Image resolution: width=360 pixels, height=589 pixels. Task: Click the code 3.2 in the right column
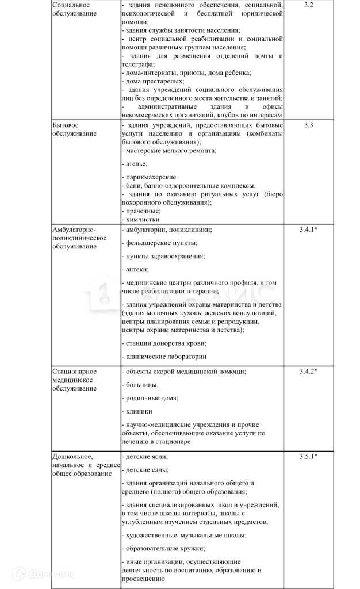click(x=308, y=5)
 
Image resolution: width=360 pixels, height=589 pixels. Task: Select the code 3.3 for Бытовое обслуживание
click(x=308, y=125)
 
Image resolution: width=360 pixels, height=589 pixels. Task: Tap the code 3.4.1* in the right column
click(x=309, y=230)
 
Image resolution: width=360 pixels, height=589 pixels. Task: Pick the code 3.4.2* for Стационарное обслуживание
click(x=309, y=371)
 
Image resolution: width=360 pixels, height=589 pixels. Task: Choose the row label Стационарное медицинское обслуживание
click(x=75, y=380)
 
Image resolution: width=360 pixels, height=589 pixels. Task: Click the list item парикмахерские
click(x=150, y=177)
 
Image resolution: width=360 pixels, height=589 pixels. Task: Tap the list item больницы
click(x=141, y=385)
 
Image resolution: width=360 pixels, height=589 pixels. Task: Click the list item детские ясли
click(x=146, y=456)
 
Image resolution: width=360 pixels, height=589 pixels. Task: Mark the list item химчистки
click(x=141, y=219)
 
